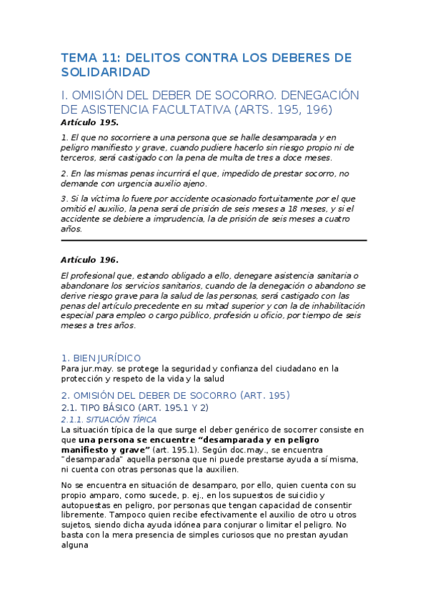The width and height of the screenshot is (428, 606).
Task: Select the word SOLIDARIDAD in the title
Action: click(105, 73)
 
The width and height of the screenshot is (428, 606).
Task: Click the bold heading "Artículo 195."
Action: click(90, 122)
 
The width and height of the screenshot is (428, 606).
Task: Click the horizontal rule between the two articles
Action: click(214, 241)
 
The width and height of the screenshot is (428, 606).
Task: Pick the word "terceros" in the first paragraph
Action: click(79, 157)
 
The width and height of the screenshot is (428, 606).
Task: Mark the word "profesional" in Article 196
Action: click(97, 275)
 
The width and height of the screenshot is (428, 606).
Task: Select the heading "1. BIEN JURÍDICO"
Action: click(101, 357)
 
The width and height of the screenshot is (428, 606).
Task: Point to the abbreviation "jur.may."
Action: click(98, 369)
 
